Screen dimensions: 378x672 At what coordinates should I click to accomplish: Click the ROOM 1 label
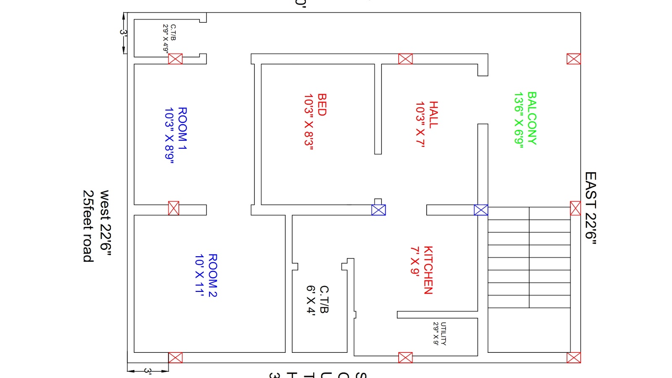[x=182, y=129]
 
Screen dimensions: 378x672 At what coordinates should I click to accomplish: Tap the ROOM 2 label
[x=213, y=275]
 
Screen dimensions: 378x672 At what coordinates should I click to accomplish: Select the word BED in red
[x=322, y=105]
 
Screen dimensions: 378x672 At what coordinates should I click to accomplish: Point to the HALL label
[x=433, y=114]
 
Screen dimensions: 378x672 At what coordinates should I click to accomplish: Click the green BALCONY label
[x=532, y=118]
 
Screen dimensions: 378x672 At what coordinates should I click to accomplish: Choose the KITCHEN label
[x=428, y=270]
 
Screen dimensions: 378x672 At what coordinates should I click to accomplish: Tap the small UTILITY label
[x=444, y=334]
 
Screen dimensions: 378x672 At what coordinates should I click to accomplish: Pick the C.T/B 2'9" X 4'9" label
[x=170, y=38]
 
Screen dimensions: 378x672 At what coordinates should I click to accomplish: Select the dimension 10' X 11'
[x=199, y=275]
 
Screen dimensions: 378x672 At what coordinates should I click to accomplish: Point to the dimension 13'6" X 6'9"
[x=519, y=120]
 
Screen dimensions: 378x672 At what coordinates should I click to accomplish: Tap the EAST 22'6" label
[x=591, y=208]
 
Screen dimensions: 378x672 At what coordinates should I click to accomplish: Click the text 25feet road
[x=88, y=226]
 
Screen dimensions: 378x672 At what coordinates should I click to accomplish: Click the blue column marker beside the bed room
[x=378, y=210]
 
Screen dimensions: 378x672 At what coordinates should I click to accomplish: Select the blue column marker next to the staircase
[x=481, y=210]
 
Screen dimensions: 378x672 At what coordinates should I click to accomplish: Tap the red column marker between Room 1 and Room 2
[x=173, y=208]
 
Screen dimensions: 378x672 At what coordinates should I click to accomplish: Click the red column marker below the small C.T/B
[x=175, y=59]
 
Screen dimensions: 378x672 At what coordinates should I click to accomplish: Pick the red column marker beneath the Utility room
[x=405, y=357]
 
